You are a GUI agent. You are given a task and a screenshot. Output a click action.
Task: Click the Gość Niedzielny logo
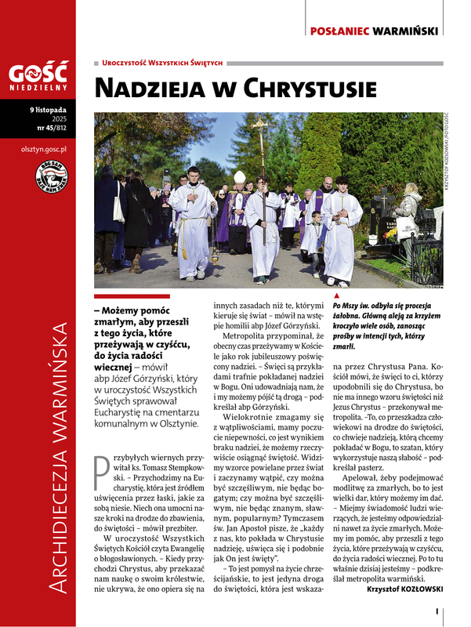click(x=38, y=78)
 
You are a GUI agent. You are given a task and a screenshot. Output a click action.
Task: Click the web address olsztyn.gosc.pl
click(x=44, y=148)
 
